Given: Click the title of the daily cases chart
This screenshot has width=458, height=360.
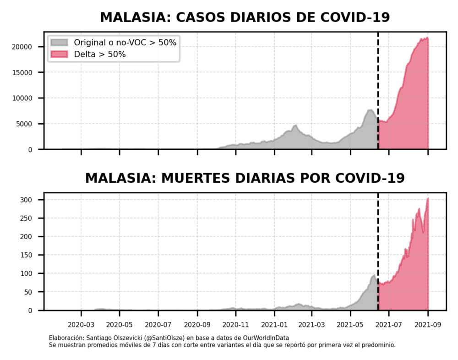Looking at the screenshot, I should (245, 17).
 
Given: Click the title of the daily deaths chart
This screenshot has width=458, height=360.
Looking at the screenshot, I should (245, 178).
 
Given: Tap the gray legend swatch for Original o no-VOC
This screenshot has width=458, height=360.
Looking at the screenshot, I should (59, 43).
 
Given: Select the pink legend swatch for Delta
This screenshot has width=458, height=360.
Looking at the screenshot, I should (59, 55).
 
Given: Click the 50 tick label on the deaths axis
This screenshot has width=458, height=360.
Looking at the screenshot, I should (34, 292).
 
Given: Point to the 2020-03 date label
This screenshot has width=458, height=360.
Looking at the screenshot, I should (81, 325).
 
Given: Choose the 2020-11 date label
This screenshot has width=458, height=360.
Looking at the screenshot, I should (236, 325).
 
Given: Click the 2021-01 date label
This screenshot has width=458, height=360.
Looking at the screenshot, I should (274, 325).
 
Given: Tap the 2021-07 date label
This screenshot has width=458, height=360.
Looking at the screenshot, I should (389, 325).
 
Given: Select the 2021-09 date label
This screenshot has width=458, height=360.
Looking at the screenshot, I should (428, 325).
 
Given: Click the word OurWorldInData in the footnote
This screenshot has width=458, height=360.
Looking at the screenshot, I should (282, 338).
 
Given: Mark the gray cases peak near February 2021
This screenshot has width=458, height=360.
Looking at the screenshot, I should (295, 125).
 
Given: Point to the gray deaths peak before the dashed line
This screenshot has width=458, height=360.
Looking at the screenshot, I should (374, 275).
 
